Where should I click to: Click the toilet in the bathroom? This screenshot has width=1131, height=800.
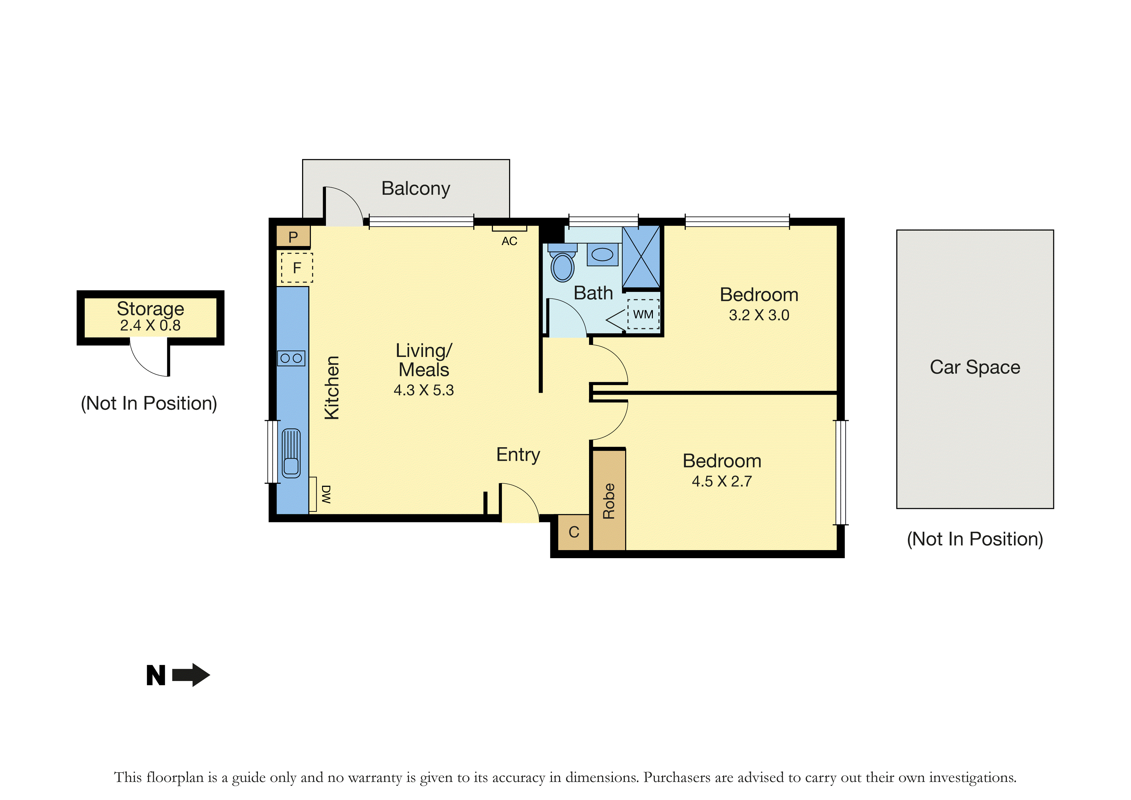coord(563,263)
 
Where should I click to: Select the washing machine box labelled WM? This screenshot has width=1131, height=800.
coord(643,314)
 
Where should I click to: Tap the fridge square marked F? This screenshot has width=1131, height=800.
coord(297,268)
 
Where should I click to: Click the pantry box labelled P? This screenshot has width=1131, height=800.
coord(293,237)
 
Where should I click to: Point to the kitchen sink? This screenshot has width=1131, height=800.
coord(291,453)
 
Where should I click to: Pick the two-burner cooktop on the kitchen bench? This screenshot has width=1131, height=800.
coord(291,358)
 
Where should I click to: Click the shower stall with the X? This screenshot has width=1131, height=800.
coord(641,257)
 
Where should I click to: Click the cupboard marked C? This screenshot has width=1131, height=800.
coord(574,532)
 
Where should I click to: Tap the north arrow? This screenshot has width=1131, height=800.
coord(191,675)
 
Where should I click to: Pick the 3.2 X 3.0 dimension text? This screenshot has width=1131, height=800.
coord(759,315)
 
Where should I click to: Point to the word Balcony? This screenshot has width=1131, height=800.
coord(416,189)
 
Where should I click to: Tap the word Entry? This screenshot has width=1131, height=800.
coord(518,455)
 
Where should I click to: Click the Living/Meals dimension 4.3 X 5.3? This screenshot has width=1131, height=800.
coord(424,390)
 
